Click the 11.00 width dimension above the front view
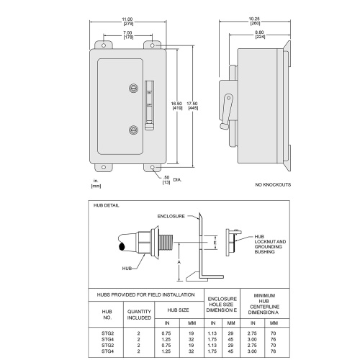(127, 22)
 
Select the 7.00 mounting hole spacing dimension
(127, 35)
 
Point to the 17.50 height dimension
(192, 106)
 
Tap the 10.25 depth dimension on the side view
(254, 21)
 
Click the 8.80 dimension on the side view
(259, 35)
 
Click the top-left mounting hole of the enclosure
(104, 45)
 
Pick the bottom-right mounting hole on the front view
(153, 167)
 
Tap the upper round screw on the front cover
(134, 89)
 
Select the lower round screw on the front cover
(134, 130)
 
